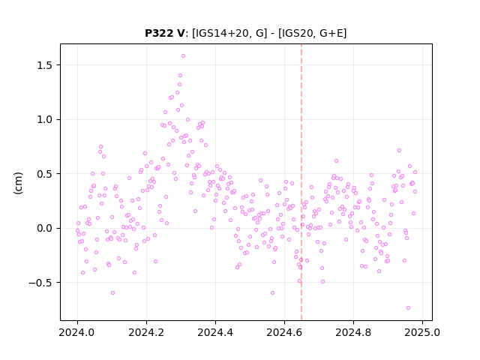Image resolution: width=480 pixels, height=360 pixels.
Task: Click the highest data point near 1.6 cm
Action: tap(183, 56)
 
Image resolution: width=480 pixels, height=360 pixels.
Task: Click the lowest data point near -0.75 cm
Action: tap(408, 308)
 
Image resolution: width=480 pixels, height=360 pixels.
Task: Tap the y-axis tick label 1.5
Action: tap(45, 65)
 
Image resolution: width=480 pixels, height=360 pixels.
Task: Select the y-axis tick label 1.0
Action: tap(45, 120)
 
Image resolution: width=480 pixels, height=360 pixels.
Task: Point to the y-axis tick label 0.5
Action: tap(45, 174)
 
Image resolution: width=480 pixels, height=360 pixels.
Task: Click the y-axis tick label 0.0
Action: tap(45, 228)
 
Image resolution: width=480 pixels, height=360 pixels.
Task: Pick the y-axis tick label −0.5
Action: tap(41, 283)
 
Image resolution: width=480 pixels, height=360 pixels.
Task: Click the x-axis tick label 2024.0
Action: tap(77, 332)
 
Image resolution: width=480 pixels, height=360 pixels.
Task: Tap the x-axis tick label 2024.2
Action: tap(146, 332)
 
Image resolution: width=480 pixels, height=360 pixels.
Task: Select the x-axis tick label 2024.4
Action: tap(215, 332)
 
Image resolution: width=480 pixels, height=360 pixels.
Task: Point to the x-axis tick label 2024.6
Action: tap(284, 332)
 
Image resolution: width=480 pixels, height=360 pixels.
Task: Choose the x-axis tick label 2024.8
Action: tap(353, 332)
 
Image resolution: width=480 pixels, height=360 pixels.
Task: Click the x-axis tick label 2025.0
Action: tap(422, 332)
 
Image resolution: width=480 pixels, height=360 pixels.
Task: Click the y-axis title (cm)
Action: tap(18, 183)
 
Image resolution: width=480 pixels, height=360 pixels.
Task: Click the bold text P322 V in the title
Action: tap(165, 33)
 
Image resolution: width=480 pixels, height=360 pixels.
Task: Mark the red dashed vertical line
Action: tap(301, 182)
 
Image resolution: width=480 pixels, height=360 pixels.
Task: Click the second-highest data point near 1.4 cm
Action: tap(180, 75)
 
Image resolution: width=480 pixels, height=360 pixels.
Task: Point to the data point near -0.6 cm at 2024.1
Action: tap(113, 293)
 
